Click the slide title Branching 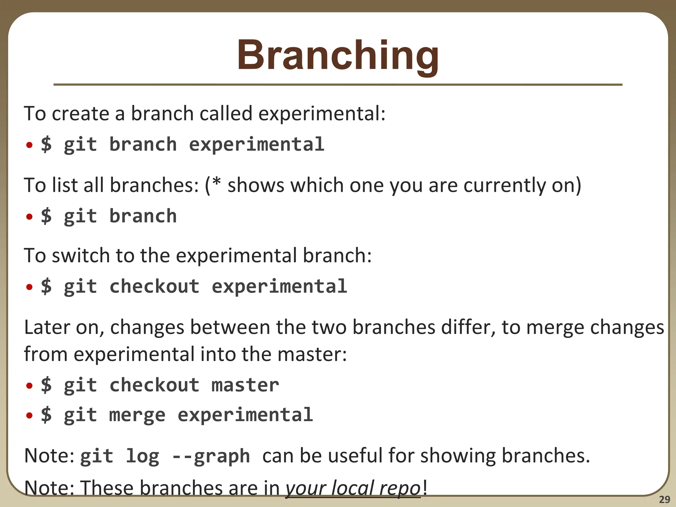pyautogui.click(x=338, y=55)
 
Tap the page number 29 pyautogui.click(x=664, y=499)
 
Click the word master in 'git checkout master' pyautogui.click(x=245, y=385)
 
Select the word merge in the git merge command pyautogui.click(x=137, y=415)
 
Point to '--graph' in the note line pyautogui.click(x=211, y=456)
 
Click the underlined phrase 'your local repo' pyautogui.click(x=353, y=488)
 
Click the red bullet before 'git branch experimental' pyautogui.click(x=29, y=145)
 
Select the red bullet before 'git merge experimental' pyautogui.click(x=29, y=415)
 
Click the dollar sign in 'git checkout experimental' pyautogui.click(x=46, y=286)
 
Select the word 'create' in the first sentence pyautogui.click(x=80, y=114)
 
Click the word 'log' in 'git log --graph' pyautogui.click(x=143, y=456)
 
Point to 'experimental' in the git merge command pyautogui.click(x=245, y=415)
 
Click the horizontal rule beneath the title pyautogui.click(x=338, y=85)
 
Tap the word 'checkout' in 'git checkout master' pyautogui.click(x=154, y=385)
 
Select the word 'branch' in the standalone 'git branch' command pyautogui.click(x=143, y=216)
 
